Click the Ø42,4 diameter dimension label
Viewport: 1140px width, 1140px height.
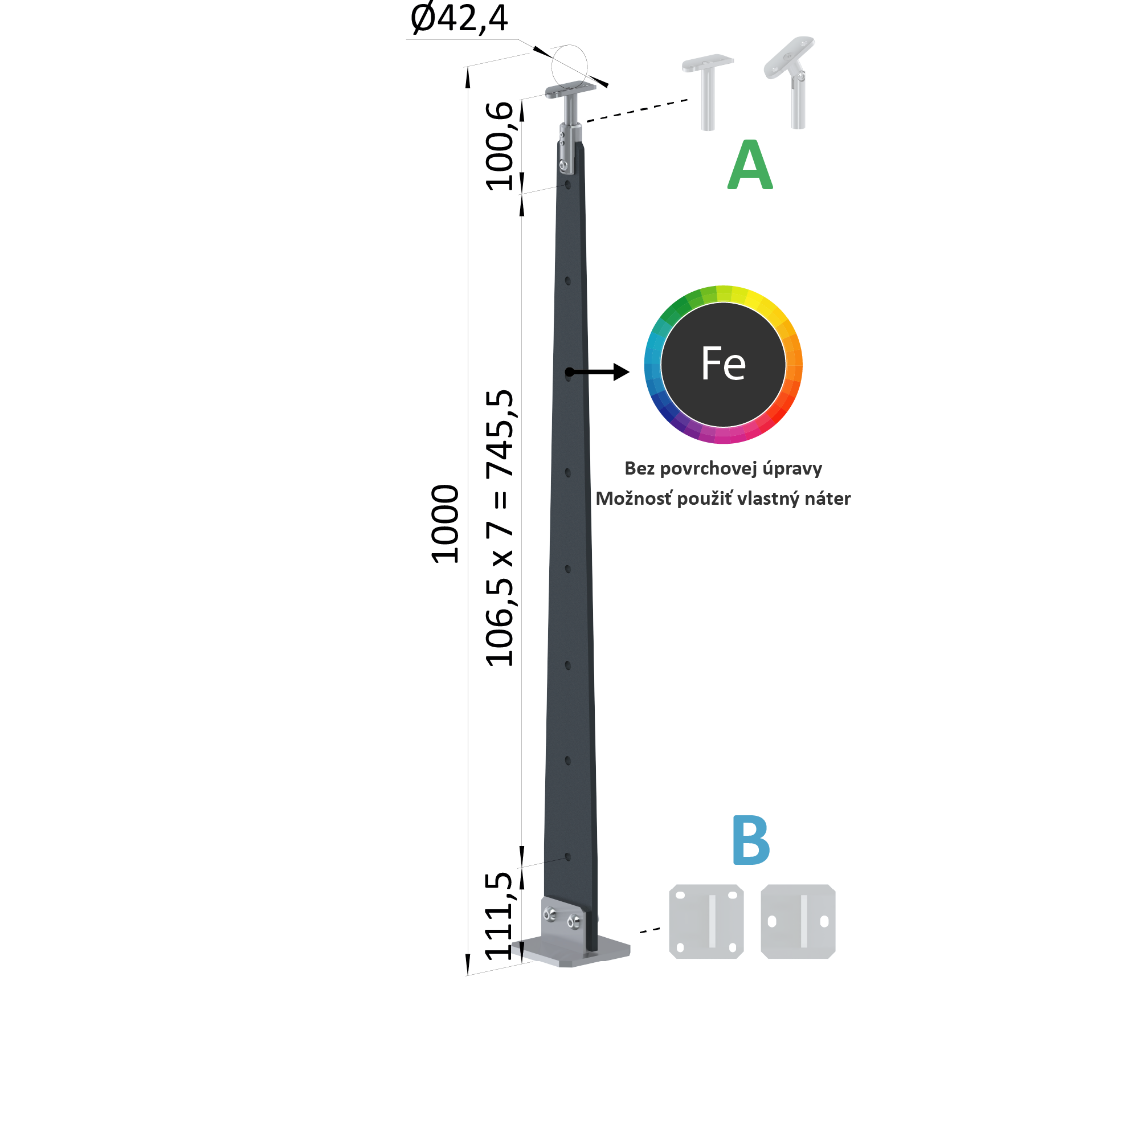[459, 19]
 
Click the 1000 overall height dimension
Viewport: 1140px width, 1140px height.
[445, 524]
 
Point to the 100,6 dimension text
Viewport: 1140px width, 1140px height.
[499, 146]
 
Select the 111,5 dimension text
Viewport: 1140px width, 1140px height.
[499, 916]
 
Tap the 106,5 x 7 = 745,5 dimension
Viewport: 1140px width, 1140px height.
[499, 528]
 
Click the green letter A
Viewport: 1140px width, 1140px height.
[750, 165]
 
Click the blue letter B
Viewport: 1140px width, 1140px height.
[750, 840]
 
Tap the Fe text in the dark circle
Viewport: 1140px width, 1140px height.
[724, 363]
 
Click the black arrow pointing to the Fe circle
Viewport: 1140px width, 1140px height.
[598, 371]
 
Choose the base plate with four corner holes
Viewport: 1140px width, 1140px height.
[706, 921]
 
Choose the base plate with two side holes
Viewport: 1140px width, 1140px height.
[798, 921]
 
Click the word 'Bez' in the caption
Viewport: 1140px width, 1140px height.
[640, 468]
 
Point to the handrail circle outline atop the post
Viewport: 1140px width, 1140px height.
[569, 45]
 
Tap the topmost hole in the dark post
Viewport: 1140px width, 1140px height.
[567, 185]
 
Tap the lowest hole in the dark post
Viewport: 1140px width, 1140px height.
[567, 857]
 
